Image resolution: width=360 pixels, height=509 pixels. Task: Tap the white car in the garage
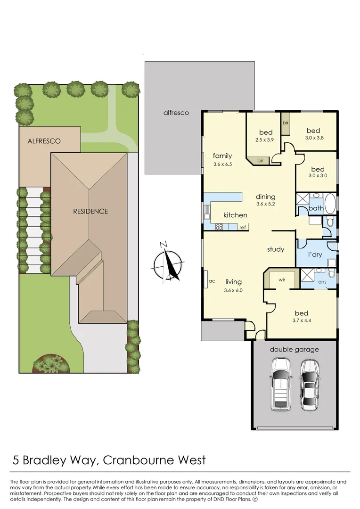[x=280, y=384]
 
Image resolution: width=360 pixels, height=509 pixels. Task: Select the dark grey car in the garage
[x=310, y=384]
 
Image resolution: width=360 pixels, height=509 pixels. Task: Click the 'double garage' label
[x=294, y=349]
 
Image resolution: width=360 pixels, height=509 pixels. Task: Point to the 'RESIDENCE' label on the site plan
[x=90, y=211]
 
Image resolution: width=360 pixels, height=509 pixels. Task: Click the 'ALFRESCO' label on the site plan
[x=44, y=141]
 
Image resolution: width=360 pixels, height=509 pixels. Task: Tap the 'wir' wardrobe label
[x=282, y=279]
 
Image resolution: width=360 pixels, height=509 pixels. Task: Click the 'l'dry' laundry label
[x=315, y=254]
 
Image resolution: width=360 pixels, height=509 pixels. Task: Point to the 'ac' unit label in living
[x=212, y=281]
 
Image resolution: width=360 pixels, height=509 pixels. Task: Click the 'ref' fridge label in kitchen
[x=243, y=228]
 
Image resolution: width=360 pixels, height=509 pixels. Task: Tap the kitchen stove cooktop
[x=219, y=227]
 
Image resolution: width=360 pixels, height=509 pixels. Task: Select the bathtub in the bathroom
[x=330, y=204]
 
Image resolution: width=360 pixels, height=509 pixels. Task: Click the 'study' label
[x=276, y=249]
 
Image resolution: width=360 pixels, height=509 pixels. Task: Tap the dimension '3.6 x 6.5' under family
[x=222, y=164]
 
